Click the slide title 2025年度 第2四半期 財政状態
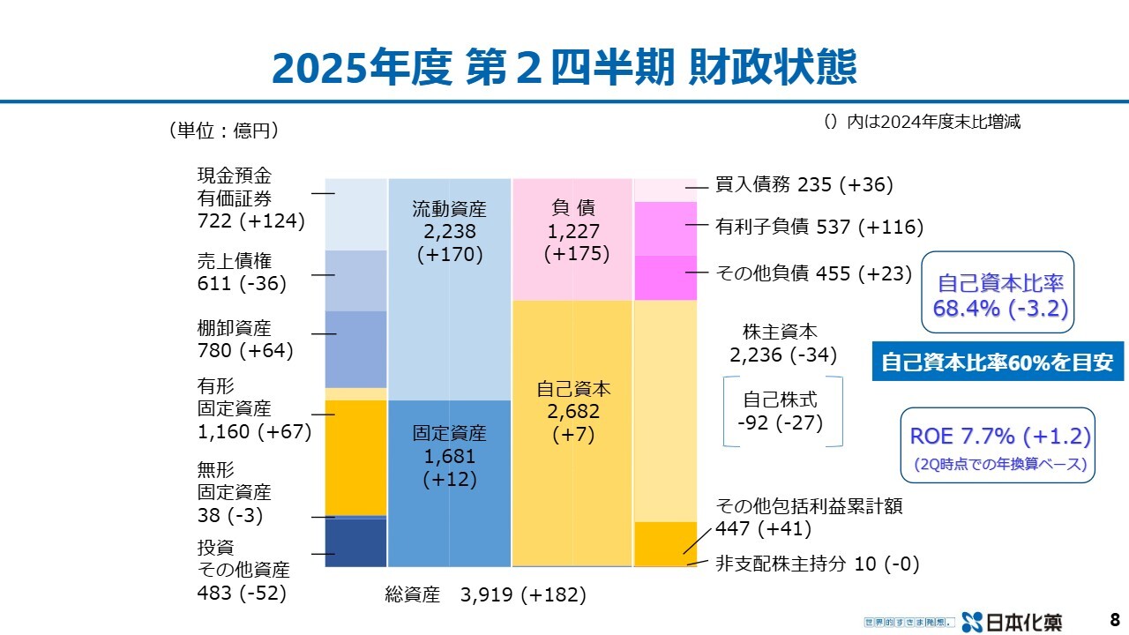pyautogui.click(x=564, y=69)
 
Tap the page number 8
pyautogui.click(x=1114, y=619)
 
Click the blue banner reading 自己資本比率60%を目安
pyautogui.click(x=998, y=362)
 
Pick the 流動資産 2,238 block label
pyautogui.click(x=449, y=232)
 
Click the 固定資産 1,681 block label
pyautogui.click(x=449, y=456)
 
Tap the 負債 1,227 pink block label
pyautogui.click(x=573, y=231)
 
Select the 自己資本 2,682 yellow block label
pyautogui.click(x=573, y=411)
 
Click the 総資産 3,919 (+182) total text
pyautogui.click(x=485, y=594)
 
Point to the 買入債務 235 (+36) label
pyautogui.click(x=804, y=185)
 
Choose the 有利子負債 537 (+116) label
pyautogui.click(x=819, y=228)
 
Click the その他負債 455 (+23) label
pyautogui.click(x=813, y=273)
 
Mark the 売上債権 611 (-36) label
pyautogui.click(x=241, y=272)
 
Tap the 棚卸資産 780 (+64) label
pyautogui.click(x=244, y=340)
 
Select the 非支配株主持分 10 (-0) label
pyautogui.click(x=817, y=564)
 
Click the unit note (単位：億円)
pyautogui.click(x=224, y=131)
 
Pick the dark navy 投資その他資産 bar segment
pyautogui.click(x=355, y=542)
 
